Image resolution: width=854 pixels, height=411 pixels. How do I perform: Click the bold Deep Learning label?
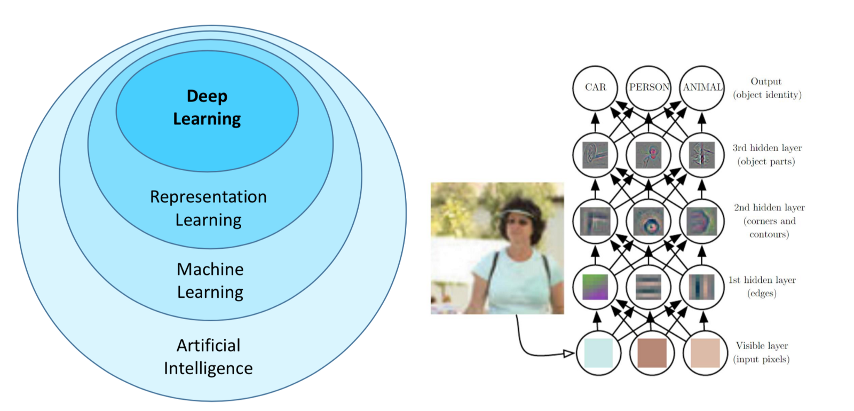tap(207, 107)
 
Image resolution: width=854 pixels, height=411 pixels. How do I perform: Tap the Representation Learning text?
tap(208, 208)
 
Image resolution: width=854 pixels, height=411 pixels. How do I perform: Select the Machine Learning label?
tap(210, 281)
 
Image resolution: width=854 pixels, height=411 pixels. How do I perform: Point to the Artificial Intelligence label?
tap(208, 357)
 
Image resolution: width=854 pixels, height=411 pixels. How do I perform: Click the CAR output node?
tap(595, 88)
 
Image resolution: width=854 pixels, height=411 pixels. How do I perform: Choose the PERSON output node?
tap(649, 88)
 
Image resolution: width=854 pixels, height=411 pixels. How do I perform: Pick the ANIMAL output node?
tap(702, 88)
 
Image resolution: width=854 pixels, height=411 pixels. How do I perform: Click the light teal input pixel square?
tap(598, 353)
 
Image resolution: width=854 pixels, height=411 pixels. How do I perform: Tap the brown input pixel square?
tap(651, 353)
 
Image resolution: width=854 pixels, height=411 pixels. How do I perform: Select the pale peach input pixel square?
tap(705, 353)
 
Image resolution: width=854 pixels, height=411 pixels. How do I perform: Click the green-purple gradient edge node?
tap(595, 287)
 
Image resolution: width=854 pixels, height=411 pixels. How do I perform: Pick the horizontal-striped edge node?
tap(649, 287)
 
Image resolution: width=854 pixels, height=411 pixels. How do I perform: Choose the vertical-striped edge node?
tap(702, 287)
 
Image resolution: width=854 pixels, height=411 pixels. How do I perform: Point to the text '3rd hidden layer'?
tap(767, 148)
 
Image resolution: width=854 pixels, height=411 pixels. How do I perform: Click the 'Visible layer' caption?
tap(762, 346)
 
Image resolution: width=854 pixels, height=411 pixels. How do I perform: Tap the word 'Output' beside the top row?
tap(766, 82)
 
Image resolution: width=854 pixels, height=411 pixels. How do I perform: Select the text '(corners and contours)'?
tap(769, 227)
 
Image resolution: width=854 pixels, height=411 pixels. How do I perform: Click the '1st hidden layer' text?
tap(762, 280)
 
